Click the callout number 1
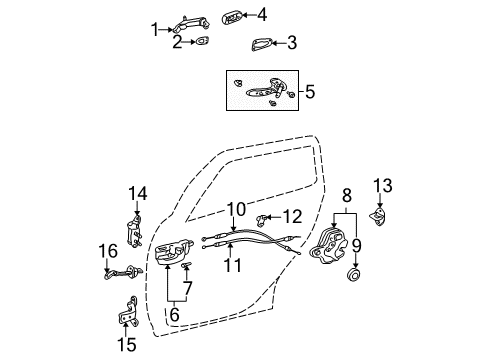155,29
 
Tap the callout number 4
262,14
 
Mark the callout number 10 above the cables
235,208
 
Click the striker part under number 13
380,216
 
